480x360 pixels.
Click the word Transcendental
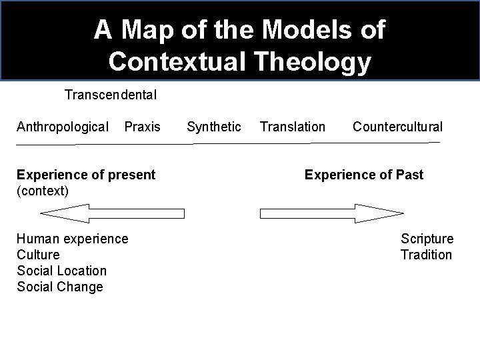pos(111,95)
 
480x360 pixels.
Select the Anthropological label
pos(63,127)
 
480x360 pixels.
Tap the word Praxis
pos(143,127)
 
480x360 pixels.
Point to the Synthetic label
pos(214,127)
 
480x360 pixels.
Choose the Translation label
pos(293,127)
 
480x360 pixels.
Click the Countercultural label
pos(397,127)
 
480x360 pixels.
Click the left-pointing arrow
pos(112,214)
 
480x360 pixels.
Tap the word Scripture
pos(427,239)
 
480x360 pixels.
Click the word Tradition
pos(426,255)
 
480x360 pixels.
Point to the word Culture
pos(38,255)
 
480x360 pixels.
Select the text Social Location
pos(61,271)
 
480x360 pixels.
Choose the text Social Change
pos(60,287)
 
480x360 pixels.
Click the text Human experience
pos(72,239)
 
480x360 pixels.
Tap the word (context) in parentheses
pos(43,191)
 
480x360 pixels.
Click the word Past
pos(408,175)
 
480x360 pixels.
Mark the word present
pos(131,175)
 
